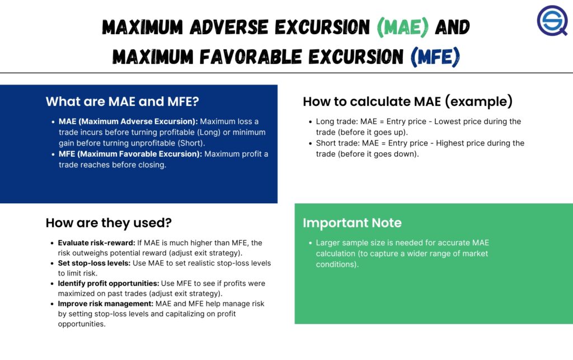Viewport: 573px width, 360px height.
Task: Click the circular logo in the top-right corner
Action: point(552,21)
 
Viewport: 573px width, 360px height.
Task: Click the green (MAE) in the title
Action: point(403,27)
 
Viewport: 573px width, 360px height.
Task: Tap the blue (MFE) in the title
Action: point(435,57)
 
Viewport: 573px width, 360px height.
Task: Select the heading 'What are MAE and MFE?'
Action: point(123,101)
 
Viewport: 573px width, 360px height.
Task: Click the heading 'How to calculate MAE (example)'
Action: point(408,101)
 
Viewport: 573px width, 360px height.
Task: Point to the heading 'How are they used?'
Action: point(109,223)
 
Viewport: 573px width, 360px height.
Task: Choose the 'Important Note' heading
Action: point(353,223)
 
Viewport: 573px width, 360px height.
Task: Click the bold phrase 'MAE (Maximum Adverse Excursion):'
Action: point(128,121)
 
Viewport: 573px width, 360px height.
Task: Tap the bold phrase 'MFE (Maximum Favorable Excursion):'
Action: point(130,154)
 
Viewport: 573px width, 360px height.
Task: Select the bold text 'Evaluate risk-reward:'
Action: point(96,242)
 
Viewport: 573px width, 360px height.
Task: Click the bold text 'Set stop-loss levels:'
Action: point(94,263)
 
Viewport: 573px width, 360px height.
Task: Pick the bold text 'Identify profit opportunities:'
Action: point(109,284)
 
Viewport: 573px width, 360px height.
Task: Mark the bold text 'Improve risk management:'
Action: point(106,303)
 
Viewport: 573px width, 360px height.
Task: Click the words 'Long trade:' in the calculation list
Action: point(337,121)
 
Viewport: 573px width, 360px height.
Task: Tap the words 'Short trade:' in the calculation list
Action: point(337,143)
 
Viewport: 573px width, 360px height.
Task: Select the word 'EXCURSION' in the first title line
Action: point(322,27)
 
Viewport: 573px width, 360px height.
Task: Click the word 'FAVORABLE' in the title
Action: point(251,57)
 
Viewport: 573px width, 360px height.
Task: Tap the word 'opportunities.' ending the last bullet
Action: point(82,324)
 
